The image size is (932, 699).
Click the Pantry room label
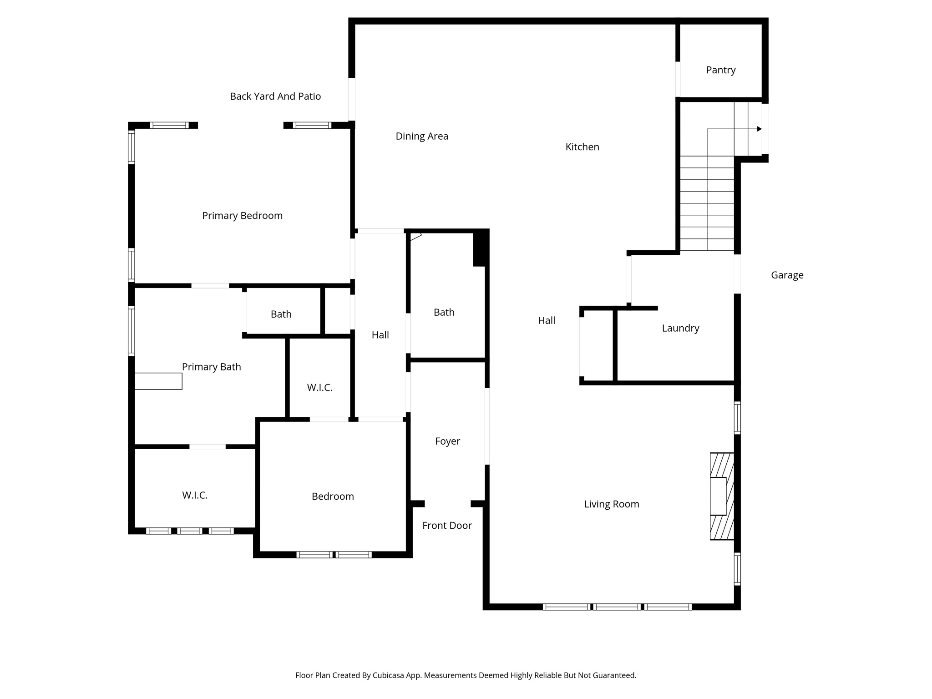click(720, 70)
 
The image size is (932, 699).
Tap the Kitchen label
click(582, 147)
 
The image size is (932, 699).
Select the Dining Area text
click(422, 136)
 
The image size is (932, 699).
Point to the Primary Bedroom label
click(242, 216)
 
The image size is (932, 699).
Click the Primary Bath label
click(211, 367)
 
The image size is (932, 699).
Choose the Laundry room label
click(680, 328)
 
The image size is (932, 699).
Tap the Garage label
click(787, 275)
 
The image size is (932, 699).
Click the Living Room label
click(611, 504)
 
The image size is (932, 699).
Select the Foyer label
click(447, 441)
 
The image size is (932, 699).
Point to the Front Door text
click(447, 526)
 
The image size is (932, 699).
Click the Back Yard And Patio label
click(275, 96)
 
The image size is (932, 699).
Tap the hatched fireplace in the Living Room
click(722, 496)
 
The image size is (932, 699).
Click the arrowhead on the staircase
click(759, 129)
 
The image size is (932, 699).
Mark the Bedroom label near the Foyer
click(333, 496)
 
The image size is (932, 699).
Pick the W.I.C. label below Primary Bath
click(195, 495)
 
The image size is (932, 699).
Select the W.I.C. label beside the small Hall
click(319, 388)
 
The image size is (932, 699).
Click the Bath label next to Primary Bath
click(281, 314)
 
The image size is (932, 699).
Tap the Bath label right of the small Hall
click(444, 312)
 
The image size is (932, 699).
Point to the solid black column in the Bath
click(480, 248)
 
